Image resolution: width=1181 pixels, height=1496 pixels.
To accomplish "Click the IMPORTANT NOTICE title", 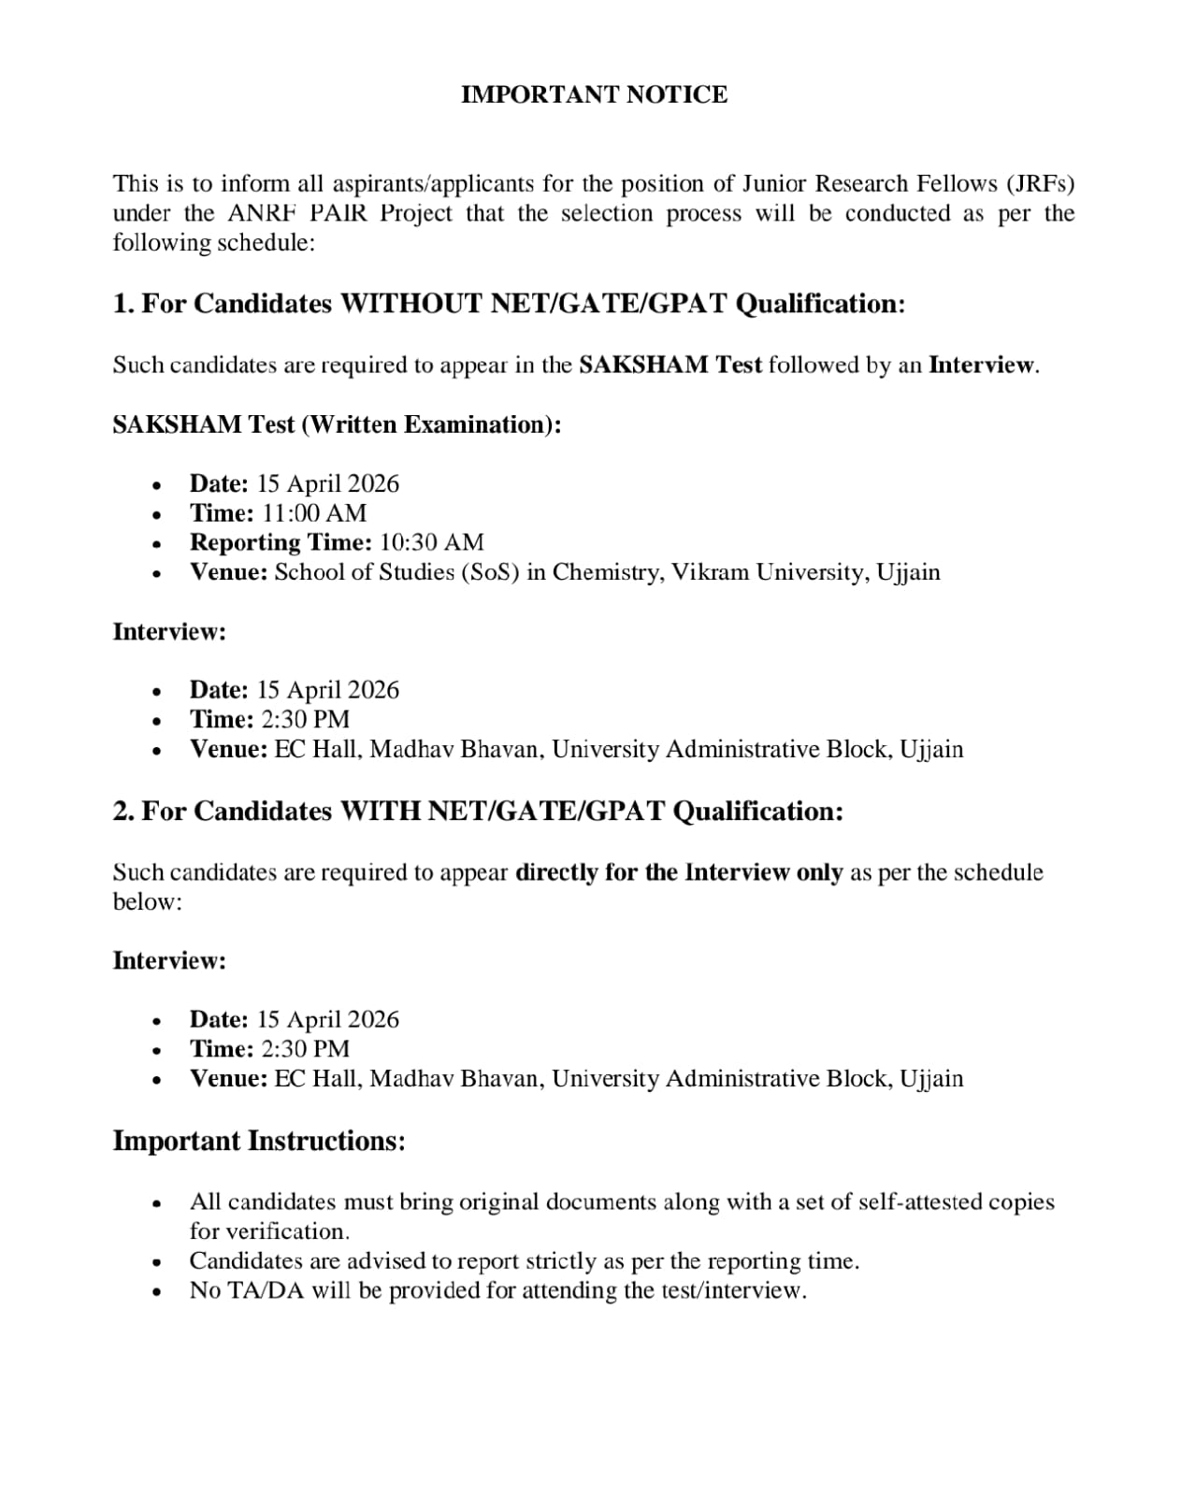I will pyautogui.click(x=594, y=94).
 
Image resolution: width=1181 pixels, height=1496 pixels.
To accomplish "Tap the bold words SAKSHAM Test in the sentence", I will pyautogui.click(x=670, y=365).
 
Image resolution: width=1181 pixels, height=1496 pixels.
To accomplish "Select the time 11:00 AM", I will pyautogui.click(x=314, y=512).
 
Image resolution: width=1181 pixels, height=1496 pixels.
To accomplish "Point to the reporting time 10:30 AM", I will pyautogui.click(x=432, y=542).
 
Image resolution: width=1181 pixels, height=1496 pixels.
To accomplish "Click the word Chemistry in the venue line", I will pyautogui.click(x=605, y=571).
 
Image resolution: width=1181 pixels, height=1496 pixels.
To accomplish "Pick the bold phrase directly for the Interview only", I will pyautogui.click(x=679, y=872).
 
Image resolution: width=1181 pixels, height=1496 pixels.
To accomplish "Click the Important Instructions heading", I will pyautogui.click(x=259, y=1141).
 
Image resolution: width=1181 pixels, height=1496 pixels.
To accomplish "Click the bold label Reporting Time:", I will pyautogui.click(x=281, y=542).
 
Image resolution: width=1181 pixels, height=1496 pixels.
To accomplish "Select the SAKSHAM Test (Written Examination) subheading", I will pyautogui.click(x=337, y=424).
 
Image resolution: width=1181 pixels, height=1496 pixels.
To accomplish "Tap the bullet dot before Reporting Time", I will pyautogui.click(x=158, y=544).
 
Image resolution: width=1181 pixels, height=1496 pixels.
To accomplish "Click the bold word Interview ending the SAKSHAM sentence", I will pyautogui.click(x=982, y=365).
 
